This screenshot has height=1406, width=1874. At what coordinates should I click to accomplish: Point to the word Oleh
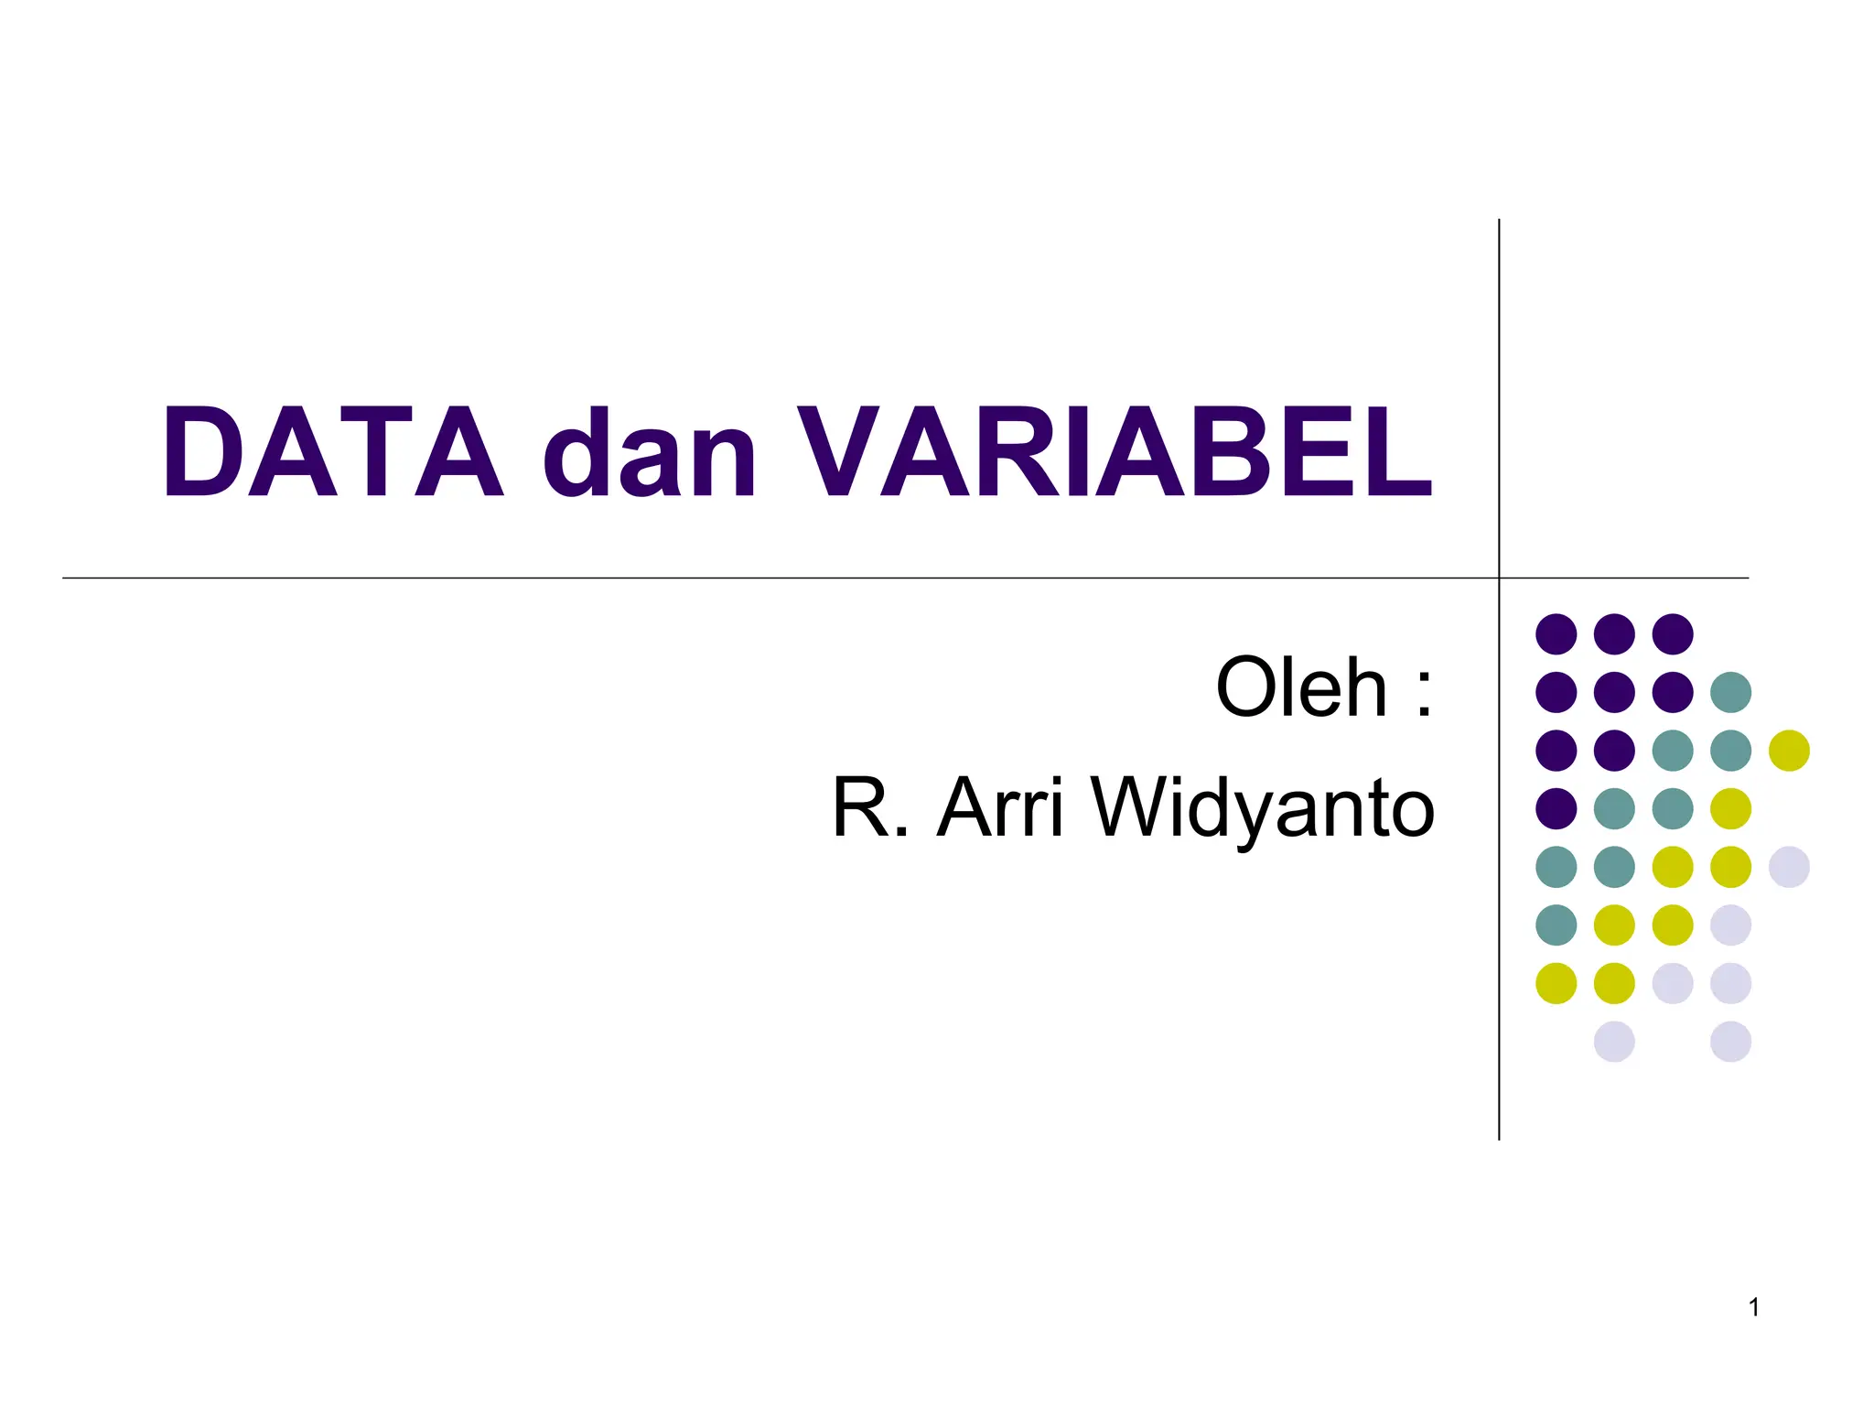pos(1301,688)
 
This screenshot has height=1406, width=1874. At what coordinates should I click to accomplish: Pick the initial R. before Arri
pos(870,808)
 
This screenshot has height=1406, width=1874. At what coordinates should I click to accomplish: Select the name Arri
pos(1001,808)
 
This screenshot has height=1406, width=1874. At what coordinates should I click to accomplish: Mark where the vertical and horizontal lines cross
pos(1499,579)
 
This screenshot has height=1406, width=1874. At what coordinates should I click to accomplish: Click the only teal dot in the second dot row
pos(1730,692)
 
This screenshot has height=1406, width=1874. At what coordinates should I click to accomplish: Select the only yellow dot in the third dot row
pos(1789,751)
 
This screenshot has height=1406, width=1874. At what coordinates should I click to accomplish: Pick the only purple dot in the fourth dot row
pos(1556,808)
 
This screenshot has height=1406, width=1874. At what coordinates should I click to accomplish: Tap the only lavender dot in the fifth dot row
pos(1789,867)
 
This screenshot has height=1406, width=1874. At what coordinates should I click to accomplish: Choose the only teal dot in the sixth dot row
pos(1556,925)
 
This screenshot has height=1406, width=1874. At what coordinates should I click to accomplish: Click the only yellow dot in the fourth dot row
pos(1730,808)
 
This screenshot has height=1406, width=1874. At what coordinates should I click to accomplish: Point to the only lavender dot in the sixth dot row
pos(1730,925)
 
